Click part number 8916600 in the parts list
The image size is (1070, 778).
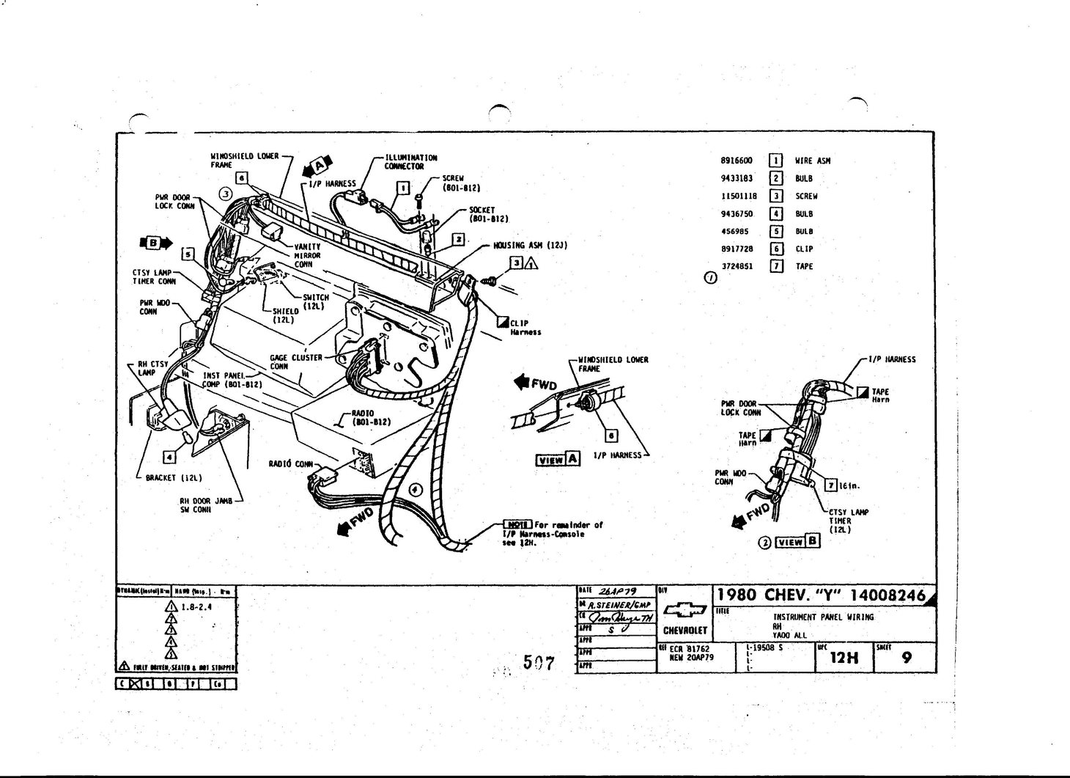click(x=737, y=161)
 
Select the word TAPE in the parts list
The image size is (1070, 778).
click(x=804, y=267)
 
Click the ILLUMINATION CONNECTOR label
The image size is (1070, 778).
click(x=410, y=162)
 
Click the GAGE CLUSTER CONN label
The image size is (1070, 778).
click(x=296, y=362)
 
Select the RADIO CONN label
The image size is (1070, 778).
click(x=290, y=463)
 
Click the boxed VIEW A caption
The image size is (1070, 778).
click(x=558, y=460)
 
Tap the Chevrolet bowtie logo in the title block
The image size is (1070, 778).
click(x=685, y=610)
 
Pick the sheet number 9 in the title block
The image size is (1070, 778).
click(x=907, y=658)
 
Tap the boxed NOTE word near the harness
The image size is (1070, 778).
click(x=517, y=525)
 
